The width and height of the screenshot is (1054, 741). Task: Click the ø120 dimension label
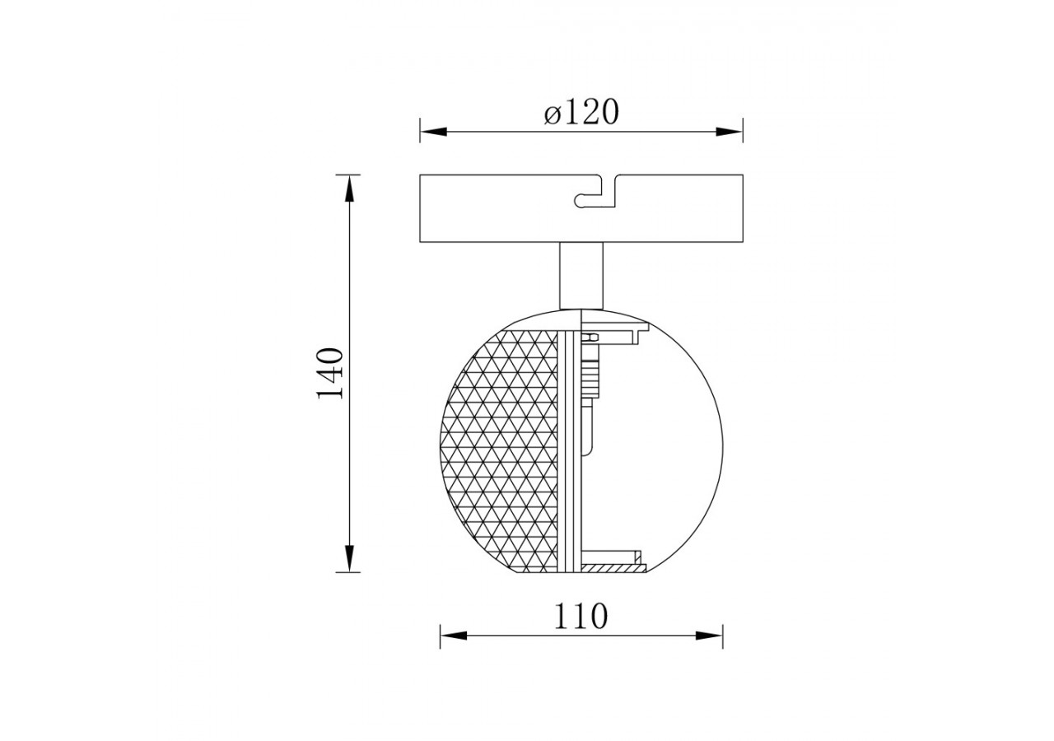581,113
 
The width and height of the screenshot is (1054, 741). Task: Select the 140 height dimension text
329,374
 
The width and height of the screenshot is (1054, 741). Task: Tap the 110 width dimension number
581,617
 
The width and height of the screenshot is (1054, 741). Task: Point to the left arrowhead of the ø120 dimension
433,131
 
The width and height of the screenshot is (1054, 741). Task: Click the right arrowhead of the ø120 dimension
729,131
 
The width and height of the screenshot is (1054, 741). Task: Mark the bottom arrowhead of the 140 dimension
348,558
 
